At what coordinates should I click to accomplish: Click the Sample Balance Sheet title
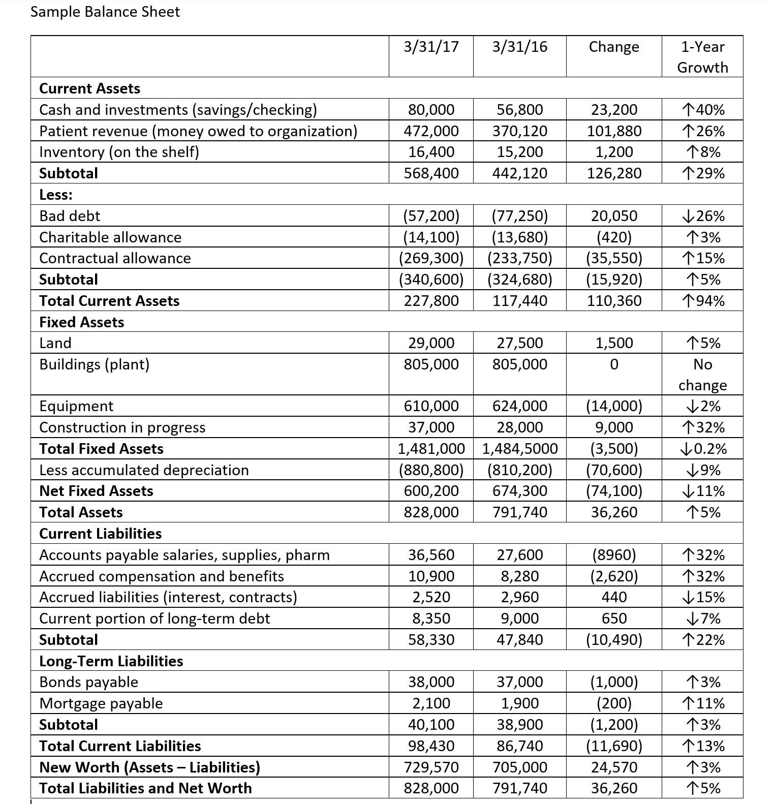(x=105, y=12)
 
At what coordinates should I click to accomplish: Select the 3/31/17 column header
(x=431, y=47)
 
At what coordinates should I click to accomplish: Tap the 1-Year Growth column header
(x=702, y=56)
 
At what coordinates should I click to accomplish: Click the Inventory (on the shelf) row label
(x=119, y=152)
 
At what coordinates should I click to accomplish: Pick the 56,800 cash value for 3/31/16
(x=519, y=110)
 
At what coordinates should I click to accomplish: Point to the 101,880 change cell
(x=614, y=131)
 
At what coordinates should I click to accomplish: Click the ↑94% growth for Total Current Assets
(x=704, y=301)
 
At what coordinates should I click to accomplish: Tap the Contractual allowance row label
(x=115, y=258)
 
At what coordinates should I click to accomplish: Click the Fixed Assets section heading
(x=82, y=322)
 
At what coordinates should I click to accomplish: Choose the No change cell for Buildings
(x=702, y=375)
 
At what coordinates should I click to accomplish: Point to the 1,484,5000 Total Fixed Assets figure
(x=519, y=449)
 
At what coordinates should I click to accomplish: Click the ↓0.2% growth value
(x=704, y=449)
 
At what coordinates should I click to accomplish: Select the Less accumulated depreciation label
(x=144, y=470)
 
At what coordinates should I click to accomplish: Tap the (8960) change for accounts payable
(x=614, y=555)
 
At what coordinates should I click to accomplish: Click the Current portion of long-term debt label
(x=154, y=619)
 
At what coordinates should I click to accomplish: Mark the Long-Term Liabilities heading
(x=111, y=661)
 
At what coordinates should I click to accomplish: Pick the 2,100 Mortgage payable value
(x=431, y=703)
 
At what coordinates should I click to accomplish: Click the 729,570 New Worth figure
(x=431, y=767)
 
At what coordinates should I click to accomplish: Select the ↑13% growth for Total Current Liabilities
(x=704, y=746)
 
